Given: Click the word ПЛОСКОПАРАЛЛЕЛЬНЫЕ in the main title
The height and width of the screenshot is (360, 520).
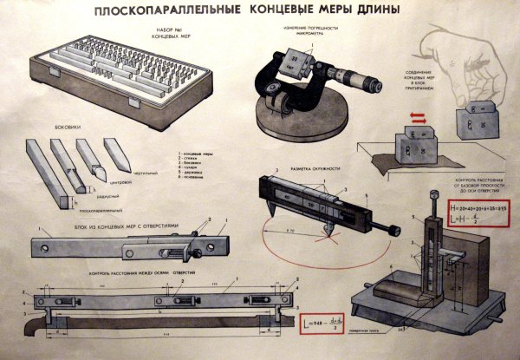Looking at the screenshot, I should (x=153, y=12).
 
